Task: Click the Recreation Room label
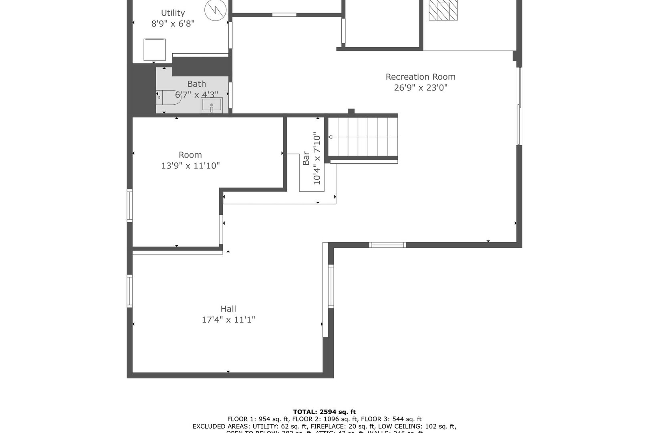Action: [420, 77]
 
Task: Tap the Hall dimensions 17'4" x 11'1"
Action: [228, 320]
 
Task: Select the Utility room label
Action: [173, 13]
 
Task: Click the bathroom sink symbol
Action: [212, 106]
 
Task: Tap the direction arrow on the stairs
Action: [331, 137]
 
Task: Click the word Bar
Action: [306, 158]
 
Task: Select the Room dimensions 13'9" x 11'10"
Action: [190, 166]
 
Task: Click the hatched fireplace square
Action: [443, 10]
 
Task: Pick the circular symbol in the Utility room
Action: [216, 11]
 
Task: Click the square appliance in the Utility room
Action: [155, 50]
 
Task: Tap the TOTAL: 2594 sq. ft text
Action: [324, 412]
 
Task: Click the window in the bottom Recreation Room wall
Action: [387, 245]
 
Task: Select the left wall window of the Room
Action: [130, 206]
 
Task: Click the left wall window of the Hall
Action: [130, 291]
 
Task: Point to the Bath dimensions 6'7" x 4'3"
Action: [196, 95]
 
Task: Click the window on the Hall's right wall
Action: [331, 286]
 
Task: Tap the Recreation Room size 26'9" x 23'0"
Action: [420, 88]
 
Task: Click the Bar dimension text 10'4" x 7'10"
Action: [317, 159]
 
